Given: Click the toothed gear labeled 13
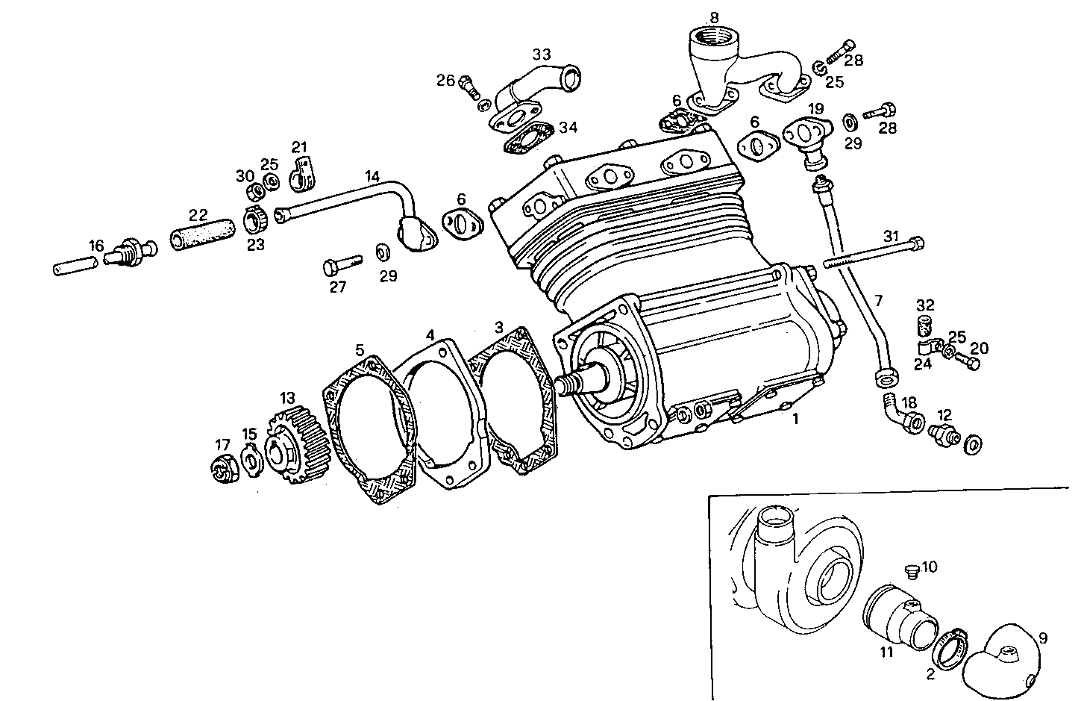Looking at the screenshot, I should click(x=296, y=449).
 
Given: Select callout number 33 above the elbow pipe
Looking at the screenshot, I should click(x=542, y=54).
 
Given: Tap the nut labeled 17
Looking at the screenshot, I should click(x=223, y=467).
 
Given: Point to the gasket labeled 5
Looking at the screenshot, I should click(x=370, y=437).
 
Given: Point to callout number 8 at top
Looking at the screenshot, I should click(x=714, y=16).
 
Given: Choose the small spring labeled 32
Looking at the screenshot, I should click(x=924, y=327).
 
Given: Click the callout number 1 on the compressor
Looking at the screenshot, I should click(x=796, y=420).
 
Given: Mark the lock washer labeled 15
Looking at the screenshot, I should click(x=251, y=458).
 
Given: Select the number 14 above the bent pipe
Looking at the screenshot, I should click(x=372, y=177).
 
